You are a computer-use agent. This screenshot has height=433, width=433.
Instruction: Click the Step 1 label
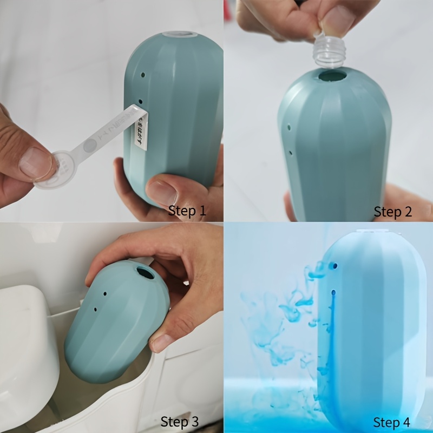[x=187, y=211]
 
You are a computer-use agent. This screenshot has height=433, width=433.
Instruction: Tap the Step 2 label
[x=393, y=212]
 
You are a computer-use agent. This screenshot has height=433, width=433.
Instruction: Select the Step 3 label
[x=180, y=421]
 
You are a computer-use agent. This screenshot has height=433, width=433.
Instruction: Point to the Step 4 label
[x=391, y=422]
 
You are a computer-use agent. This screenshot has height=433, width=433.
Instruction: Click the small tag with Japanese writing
[x=140, y=127]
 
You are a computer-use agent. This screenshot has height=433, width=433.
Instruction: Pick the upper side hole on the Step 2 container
[x=289, y=128]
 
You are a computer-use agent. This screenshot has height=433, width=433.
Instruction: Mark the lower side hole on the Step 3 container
[x=96, y=309]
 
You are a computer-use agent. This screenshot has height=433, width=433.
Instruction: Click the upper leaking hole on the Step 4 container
[x=334, y=267]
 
